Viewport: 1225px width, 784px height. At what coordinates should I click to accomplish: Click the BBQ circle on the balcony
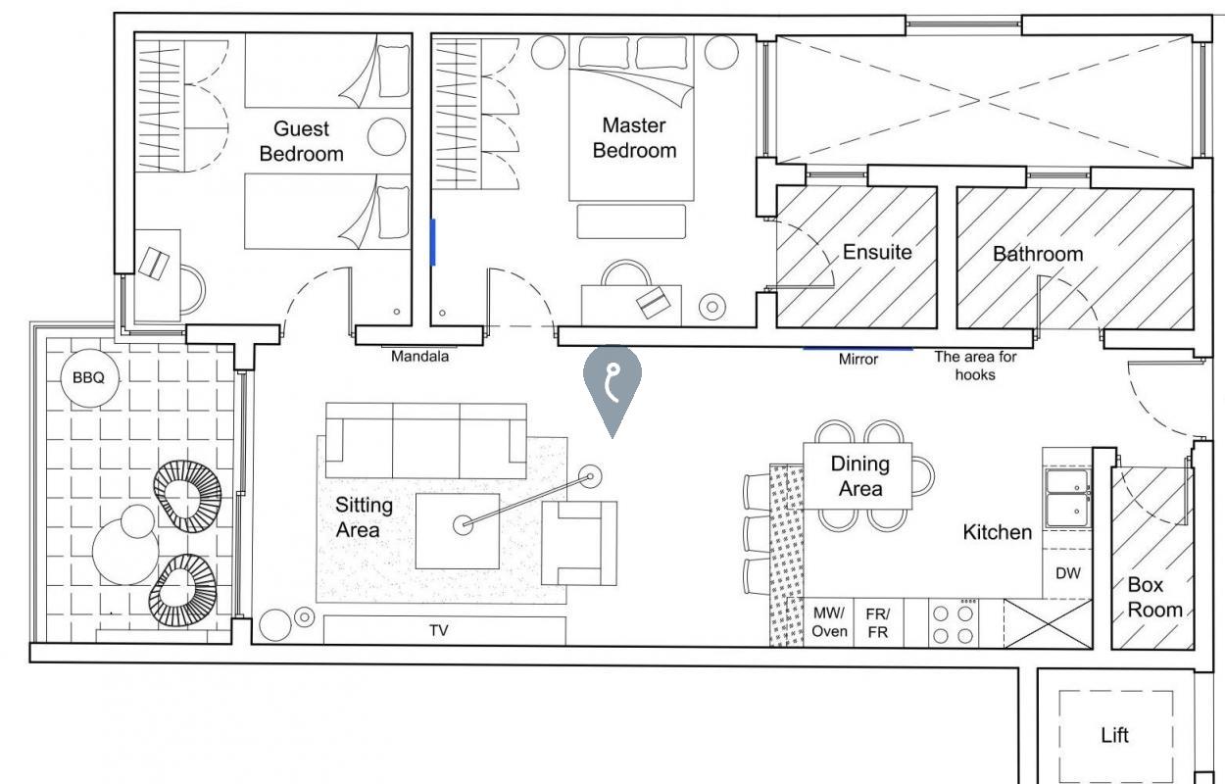[x=90, y=378]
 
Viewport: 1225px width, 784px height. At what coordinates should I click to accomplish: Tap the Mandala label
[x=420, y=357]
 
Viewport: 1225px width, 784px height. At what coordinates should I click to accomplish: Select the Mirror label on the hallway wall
[x=858, y=360]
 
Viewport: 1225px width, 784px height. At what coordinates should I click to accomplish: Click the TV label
[x=439, y=630]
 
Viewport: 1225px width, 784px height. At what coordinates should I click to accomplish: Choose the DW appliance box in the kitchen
[x=1067, y=573]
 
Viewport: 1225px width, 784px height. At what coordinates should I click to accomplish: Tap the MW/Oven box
[x=829, y=622]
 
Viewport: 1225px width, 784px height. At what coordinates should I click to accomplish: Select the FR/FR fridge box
[x=878, y=622]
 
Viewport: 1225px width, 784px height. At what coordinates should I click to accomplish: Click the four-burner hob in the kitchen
[x=954, y=623]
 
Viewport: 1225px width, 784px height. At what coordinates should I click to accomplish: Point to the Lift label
[x=1114, y=735]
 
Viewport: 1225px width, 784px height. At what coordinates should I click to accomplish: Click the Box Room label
[x=1154, y=597]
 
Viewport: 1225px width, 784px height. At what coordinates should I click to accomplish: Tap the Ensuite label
[x=877, y=252]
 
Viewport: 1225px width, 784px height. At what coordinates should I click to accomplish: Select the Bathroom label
[x=1038, y=254]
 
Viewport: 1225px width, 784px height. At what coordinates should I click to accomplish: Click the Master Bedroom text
[x=634, y=138]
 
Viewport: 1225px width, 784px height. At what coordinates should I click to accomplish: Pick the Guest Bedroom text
[x=301, y=141]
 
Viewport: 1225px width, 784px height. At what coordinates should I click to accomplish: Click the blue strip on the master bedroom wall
[x=433, y=242]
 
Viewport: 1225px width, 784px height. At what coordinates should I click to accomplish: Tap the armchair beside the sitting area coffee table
[x=580, y=543]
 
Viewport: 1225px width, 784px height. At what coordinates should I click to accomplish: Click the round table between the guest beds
[x=387, y=136]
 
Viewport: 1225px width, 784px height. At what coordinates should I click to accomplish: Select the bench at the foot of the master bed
[x=631, y=221]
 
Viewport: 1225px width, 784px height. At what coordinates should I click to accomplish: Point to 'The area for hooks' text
[x=975, y=366]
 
